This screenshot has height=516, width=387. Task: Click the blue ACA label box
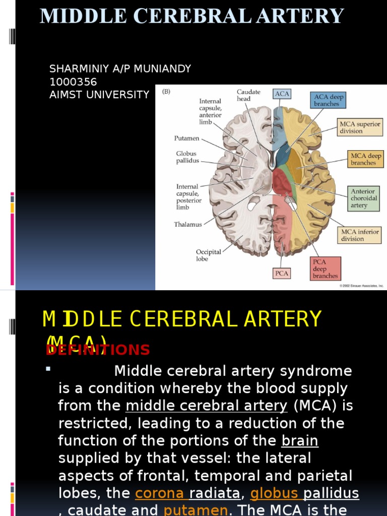click(x=282, y=94)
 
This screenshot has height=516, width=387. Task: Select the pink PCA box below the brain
click(x=282, y=273)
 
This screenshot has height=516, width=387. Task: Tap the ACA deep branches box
click(x=329, y=100)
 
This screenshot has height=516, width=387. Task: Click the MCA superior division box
click(x=360, y=127)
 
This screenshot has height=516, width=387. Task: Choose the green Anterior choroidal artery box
click(x=363, y=199)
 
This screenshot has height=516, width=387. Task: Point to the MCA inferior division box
click(x=359, y=235)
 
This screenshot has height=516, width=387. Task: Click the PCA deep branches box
click(x=325, y=269)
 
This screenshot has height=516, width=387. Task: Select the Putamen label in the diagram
click(x=187, y=138)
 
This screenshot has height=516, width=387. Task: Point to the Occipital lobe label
click(x=208, y=255)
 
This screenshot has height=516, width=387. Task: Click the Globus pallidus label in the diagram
click(x=187, y=157)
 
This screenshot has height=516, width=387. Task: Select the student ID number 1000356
click(x=73, y=82)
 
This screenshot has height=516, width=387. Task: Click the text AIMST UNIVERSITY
click(x=99, y=94)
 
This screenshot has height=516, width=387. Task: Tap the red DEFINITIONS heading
click(x=98, y=350)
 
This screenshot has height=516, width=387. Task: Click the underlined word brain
click(x=300, y=441)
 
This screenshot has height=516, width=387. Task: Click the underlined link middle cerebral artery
click(x=206, y=406)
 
